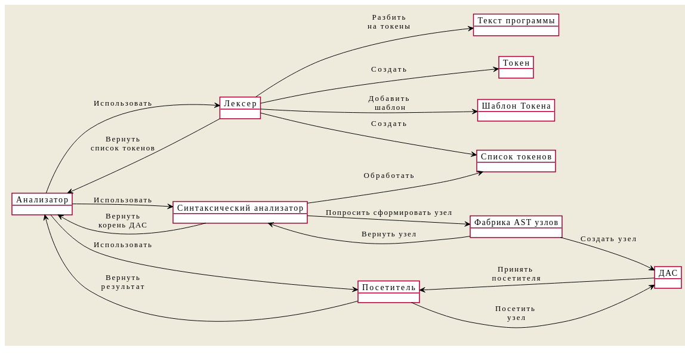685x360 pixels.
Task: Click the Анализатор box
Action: (x=42, y=204)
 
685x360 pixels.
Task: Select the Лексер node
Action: (x=240, y=108)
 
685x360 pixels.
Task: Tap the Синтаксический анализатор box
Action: (x=240, y=212)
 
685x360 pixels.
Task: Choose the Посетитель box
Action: (x=388, y=292)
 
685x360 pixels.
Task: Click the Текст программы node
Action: (x=516, y=25)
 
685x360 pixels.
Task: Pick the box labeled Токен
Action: (x=516, y=67)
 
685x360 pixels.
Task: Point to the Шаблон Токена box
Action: (x=516, y=110)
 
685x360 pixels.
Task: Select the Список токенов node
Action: (x=516, y=161)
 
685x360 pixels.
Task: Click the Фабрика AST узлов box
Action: (x=516, y=227)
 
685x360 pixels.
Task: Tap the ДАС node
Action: (x=668, y=278)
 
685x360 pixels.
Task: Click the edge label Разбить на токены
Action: (x=389, y=21)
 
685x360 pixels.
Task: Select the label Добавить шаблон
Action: (x=389, y=103)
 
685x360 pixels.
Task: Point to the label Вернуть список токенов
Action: (x=123, y=143)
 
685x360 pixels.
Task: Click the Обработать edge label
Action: (x=389, y=176)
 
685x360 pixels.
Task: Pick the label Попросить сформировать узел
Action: (x=389, y=213)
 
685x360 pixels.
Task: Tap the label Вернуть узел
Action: (x=389, y=234)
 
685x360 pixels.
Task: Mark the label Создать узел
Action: (x=609, y=239)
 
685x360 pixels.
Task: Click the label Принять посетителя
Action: (x=516, y=273)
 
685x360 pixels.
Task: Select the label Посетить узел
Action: (x=516, y=313)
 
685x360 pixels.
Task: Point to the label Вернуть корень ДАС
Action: (x=123, y=220)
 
